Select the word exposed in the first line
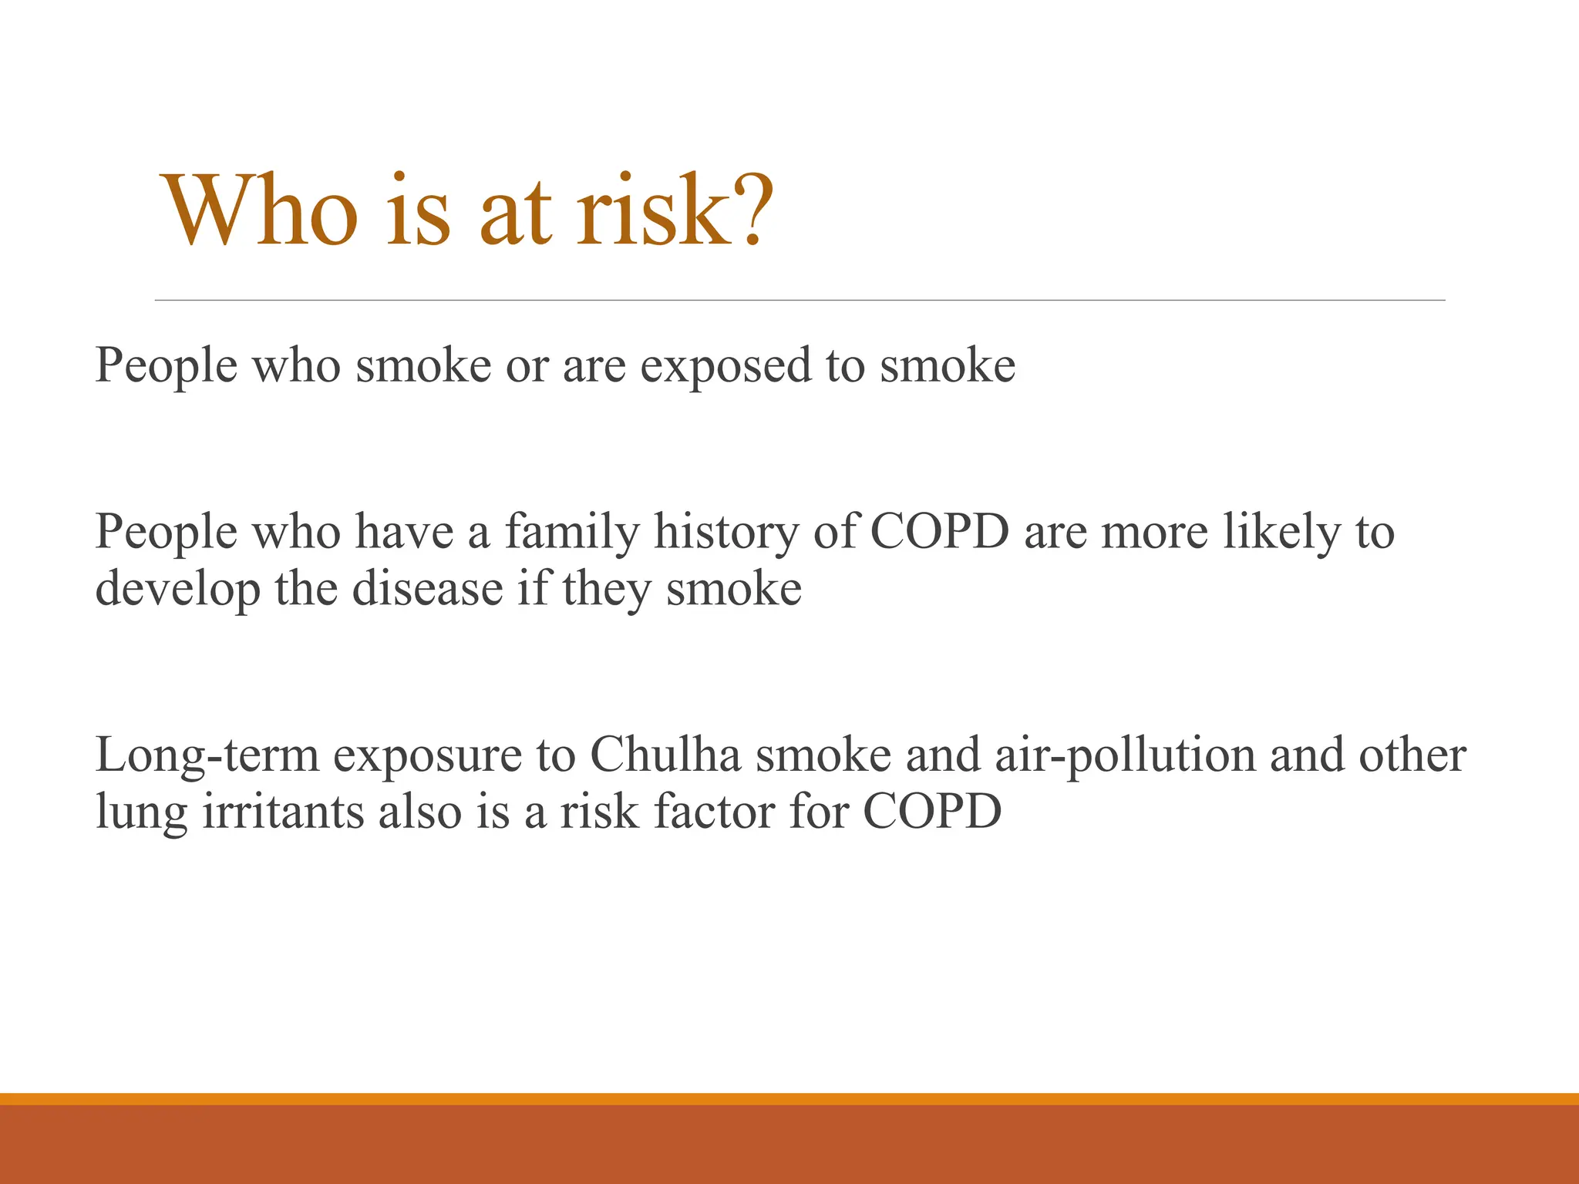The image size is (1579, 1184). pos(726,366)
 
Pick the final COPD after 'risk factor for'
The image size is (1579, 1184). pos(932,812)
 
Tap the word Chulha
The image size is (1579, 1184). pos(665,755)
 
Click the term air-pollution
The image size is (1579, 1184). pos(1125,756)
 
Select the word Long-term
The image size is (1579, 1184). pos(207,756)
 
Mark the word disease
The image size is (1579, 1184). pos(428,590)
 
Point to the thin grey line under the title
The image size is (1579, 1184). pos(800,300)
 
